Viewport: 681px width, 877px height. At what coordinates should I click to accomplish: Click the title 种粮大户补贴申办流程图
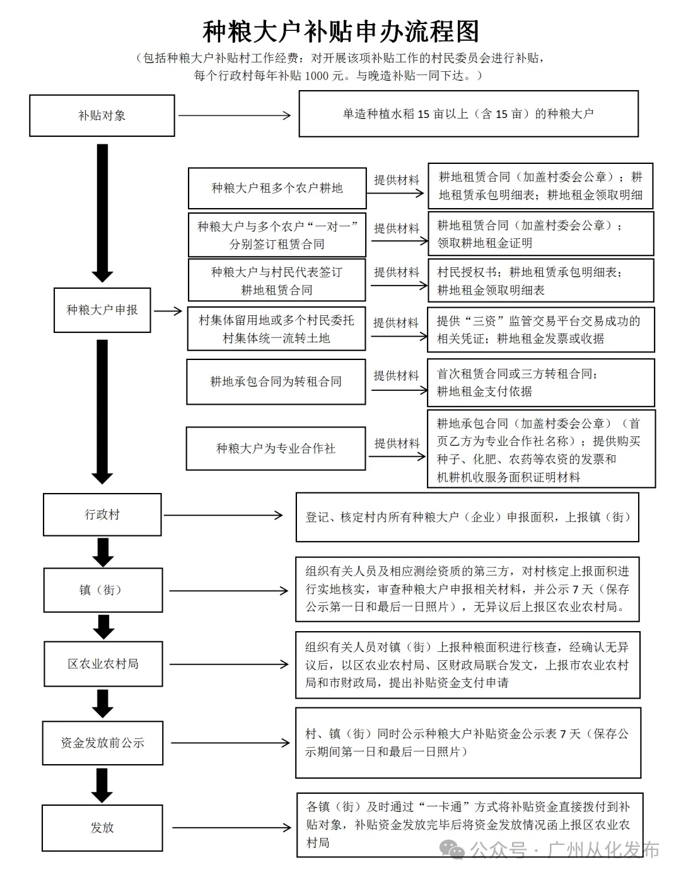pyautogui.click(x=340, y=31)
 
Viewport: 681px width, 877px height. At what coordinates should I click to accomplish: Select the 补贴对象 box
pyautogui.click(x=102, y=115)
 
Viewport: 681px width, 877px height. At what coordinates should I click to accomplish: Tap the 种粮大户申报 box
pyautogui.click(x=102, y=310)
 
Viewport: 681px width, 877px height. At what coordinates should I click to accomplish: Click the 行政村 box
pyautogui.click(x=102, y=514)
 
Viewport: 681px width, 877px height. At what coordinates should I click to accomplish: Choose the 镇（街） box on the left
pyautogui.click(x=103, y=590)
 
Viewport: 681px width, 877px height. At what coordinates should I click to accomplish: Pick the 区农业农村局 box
pyautogui.click(x=103, y=664)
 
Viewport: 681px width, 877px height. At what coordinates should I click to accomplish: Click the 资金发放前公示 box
pyautogui.click(x=102, y=743)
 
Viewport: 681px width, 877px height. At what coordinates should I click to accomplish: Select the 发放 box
pyautogui.click(x=102, y=828)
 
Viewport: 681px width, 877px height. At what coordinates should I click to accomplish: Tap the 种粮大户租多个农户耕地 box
pyautogui.click(x=277, y=188)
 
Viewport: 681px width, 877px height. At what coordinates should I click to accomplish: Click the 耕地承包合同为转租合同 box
pyautogui.click(x=276, y=381)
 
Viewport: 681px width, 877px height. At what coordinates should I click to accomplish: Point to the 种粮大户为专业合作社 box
pyautogui.click(x=276, y=448)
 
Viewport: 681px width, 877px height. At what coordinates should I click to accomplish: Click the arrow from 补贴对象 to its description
pyautogui.click(x=235, y=115)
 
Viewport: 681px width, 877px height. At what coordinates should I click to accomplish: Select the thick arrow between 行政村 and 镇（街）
pyautogui.click(x=103, y=552)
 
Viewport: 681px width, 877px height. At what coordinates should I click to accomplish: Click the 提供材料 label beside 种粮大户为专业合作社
pyautogui.click(x=397, y=443)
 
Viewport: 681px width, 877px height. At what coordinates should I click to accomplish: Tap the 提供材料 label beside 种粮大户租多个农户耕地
pyautogui.click(x=397, y=180)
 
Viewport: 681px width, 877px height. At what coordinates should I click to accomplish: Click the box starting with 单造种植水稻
pyautogui.click(x=468, y=114)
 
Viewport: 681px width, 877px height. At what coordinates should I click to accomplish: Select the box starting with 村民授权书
pyautogui.click(x=540, y=281)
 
